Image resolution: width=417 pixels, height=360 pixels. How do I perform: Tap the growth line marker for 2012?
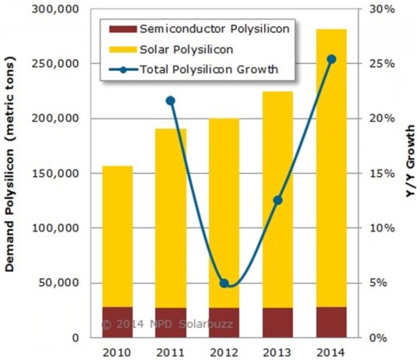[x=223, y=283]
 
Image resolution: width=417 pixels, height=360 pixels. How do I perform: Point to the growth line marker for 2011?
[x=170, y=101]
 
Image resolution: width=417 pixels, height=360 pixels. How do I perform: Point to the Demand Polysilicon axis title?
[x=11, y=179]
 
